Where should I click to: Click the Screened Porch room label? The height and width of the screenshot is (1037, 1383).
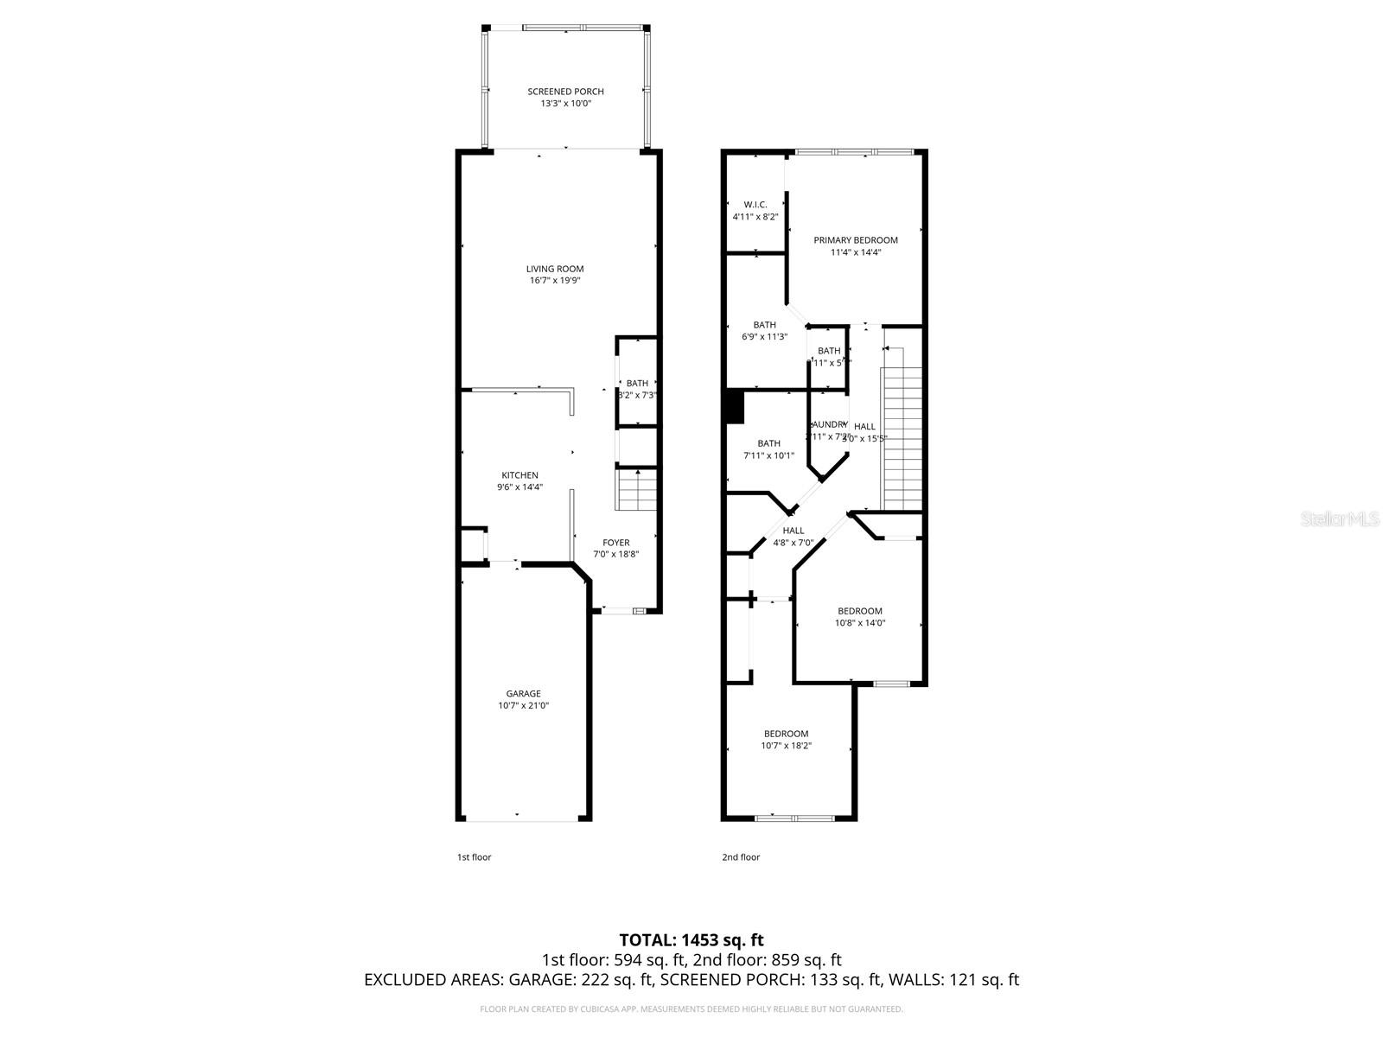[x=565, y=92]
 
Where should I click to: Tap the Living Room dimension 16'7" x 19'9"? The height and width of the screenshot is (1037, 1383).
[x=556, y=281]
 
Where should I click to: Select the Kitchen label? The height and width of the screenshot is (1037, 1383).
[x=519, y=475]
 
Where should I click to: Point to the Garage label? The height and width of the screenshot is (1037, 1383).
[x=523, y=693]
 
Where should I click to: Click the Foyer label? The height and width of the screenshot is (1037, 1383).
[x=615, y=543]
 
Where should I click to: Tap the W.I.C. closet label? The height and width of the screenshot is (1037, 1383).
[x=755, y=205]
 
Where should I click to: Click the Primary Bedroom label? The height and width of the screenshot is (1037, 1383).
[x=855, y=240]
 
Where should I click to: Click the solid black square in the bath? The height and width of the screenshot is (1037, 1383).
[x=734, y=407]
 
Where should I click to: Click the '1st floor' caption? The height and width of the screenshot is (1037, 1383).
[x=474, y=857]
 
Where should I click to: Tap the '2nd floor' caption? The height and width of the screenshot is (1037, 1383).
[x=741, y=857]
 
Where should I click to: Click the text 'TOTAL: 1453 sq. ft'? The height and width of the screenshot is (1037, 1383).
[x=691, y=939]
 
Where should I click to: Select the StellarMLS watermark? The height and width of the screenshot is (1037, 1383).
[x=1339, y=519]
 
